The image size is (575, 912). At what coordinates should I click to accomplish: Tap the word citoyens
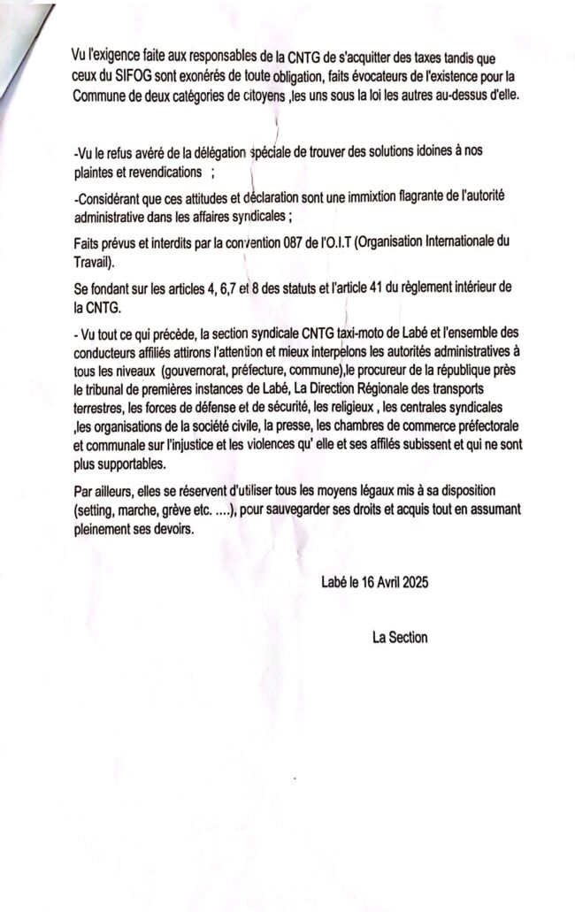tap(270, 93)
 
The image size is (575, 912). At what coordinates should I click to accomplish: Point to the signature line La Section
tap(401, 637)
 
